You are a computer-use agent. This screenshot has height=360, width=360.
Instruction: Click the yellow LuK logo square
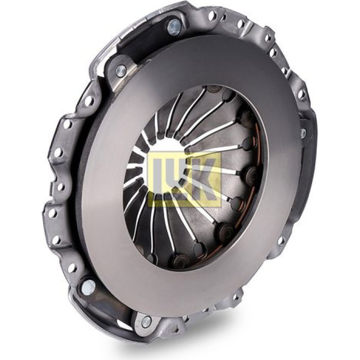coord(185,179)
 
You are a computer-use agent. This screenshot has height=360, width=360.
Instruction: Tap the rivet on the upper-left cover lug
coord(121,69)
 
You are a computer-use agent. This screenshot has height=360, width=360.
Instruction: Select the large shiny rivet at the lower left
coord(89,286)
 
